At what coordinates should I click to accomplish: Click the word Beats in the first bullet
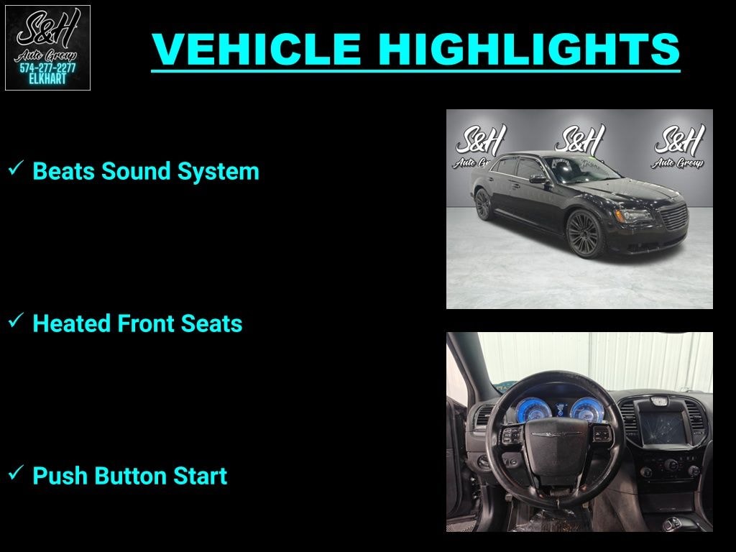(65, 172)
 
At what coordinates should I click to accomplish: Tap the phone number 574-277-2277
(47, 68)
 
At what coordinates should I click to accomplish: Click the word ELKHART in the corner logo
(47, 79)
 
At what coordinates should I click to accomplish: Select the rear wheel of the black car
(483, 205)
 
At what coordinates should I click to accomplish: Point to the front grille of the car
(673, 216)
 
